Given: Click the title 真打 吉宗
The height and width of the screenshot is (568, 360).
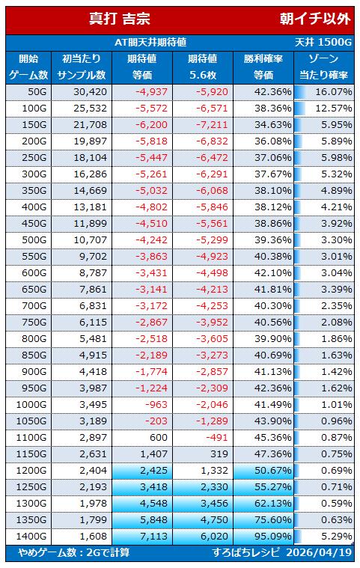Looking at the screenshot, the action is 120,19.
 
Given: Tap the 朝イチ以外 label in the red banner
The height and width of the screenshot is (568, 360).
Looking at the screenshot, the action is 315,19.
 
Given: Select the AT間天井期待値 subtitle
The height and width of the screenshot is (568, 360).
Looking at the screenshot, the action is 150,43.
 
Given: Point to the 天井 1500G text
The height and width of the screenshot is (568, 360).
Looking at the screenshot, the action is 323,43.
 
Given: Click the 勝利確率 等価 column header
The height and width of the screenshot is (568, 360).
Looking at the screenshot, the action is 263,67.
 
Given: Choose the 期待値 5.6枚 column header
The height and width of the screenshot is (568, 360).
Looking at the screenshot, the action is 203,67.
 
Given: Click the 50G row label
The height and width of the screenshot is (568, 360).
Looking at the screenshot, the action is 37,92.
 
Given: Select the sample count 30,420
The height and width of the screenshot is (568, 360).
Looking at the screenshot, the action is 90,92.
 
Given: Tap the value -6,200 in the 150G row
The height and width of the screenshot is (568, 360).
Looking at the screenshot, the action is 151,125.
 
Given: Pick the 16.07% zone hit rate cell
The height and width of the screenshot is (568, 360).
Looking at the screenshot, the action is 334,92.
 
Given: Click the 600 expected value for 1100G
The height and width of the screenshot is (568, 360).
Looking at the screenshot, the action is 159,438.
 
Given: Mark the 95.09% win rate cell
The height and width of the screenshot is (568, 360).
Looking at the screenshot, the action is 272,537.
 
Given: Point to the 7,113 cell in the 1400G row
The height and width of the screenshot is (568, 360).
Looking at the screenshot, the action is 154,537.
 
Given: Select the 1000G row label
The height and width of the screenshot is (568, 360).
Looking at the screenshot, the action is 31,405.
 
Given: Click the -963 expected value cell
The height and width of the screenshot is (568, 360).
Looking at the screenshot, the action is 156,405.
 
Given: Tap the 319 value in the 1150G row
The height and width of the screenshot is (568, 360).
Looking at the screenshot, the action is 219,454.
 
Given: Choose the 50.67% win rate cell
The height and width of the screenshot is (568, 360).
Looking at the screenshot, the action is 272,471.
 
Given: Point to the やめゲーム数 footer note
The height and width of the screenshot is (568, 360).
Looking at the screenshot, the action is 74,552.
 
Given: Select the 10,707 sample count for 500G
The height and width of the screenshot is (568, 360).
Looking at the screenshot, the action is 90,240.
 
